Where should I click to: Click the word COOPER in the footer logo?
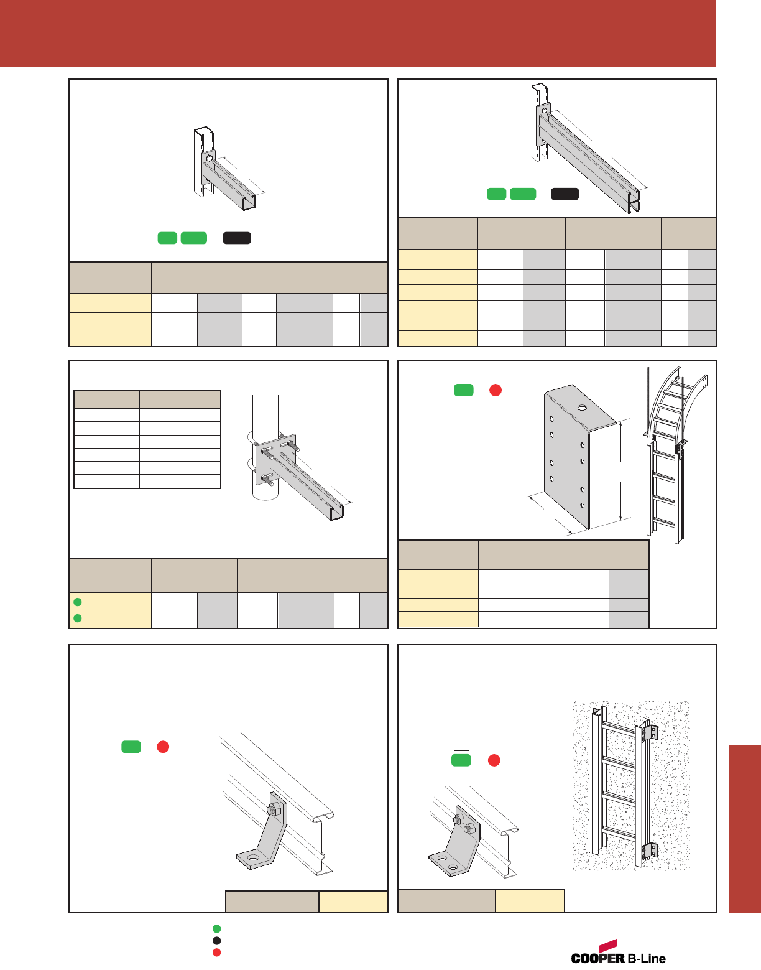pos(597,958)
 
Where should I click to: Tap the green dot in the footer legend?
pos(216,929)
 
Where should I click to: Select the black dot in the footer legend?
pos(216,940)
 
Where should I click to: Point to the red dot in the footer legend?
pos(216,952)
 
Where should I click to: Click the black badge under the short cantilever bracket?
pos(237,238)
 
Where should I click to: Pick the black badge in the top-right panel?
pos(565,194)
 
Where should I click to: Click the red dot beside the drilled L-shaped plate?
pos(496,390)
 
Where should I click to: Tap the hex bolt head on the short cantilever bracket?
pos(210,159)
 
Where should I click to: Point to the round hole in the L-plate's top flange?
pos(582,408)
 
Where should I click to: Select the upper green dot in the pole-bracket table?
pos(78,602)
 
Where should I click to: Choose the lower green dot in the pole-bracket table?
pos(78,618)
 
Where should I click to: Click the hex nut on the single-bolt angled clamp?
pos(272,810)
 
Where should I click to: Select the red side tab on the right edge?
pos(745,828)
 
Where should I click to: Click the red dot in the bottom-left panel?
pos(163,747)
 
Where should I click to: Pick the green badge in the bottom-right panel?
pos(461,760)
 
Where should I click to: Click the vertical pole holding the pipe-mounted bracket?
pos(265,417)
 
